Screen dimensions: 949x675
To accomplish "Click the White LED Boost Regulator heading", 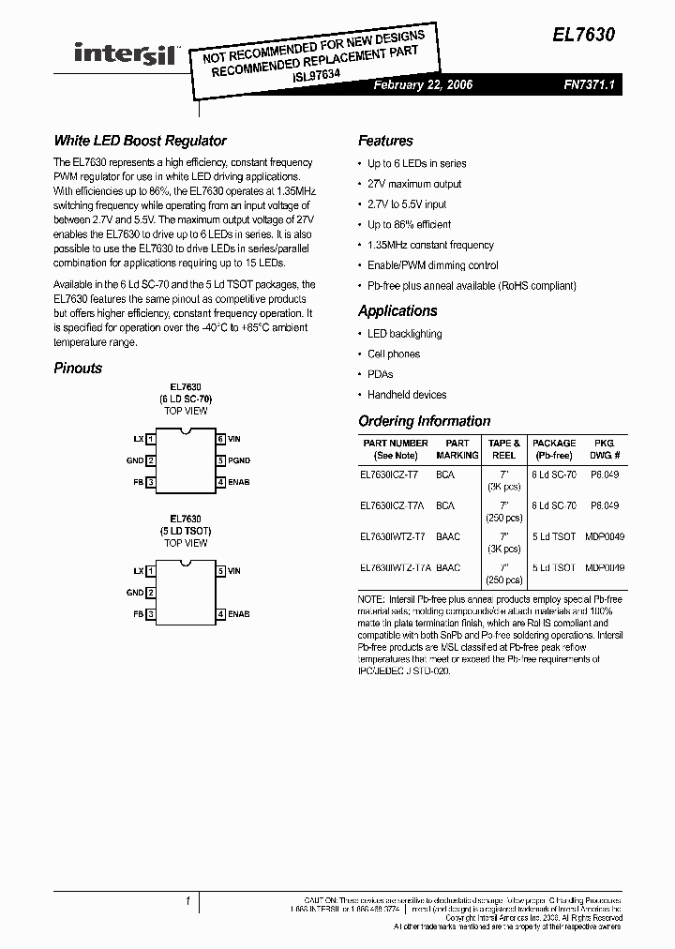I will click(x=140, y=141).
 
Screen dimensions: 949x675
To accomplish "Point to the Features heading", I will click(x=385, y=141).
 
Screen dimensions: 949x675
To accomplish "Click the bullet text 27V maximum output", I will click(x=414, y=184).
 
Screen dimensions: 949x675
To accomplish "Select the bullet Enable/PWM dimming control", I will click(x=432, y=265).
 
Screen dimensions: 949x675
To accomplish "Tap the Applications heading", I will click(x=397, y=311).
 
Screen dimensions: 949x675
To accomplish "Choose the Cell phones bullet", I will click(x=394, y=354).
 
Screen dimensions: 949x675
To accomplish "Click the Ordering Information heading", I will click(x=424, y=421).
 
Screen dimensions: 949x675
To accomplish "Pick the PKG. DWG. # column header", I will click(x=604, y=448).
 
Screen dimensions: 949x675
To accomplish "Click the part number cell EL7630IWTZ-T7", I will click(x=392, y=536).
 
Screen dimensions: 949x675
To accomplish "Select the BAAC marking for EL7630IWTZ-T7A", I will click(x=448, y=567).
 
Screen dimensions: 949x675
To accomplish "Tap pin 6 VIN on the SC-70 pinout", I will click(x=229, y=438).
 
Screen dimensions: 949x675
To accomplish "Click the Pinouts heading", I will click(x=78, y=369).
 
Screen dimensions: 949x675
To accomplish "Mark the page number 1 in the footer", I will click(x=187, y=901).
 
